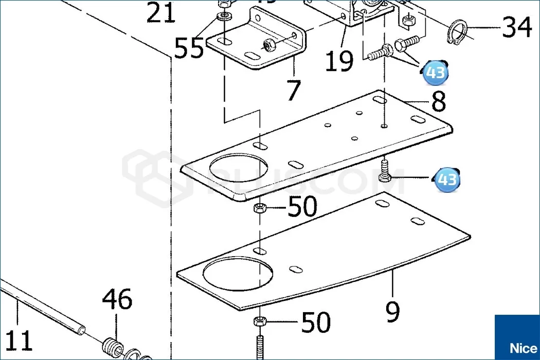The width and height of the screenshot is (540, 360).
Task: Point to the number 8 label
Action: (x=439, y=101)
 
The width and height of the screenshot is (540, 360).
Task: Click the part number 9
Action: (x=392, y=311)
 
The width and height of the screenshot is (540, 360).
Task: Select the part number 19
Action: (x=339, y=61)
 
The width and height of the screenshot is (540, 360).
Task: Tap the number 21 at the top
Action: (x=161, y=13)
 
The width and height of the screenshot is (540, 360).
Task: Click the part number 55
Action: (x=189, y=49)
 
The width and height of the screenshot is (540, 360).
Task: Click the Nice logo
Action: (x=517, y=337)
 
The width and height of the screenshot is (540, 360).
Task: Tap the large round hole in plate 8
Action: (x=239, y=170)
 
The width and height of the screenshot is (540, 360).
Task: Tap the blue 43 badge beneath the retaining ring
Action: (x=435, y=73)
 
